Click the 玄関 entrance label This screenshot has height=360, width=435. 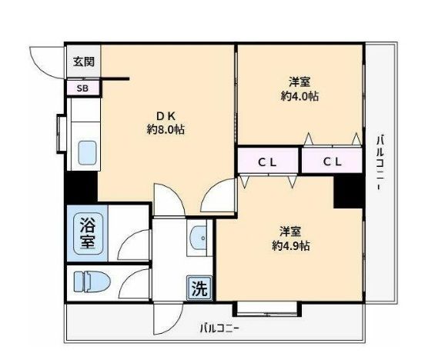tap(82, 62)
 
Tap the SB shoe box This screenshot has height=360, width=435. tap(82, 88)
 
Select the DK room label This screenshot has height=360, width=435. tap(166, 116)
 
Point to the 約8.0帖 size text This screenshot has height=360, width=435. tap(166, 130)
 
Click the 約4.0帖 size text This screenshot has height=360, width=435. tap(299, 96)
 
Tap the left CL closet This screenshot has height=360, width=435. tap(267, 162)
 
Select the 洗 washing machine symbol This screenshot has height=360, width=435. tap(199, 289)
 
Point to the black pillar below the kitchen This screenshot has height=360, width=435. tap(80, 188)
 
